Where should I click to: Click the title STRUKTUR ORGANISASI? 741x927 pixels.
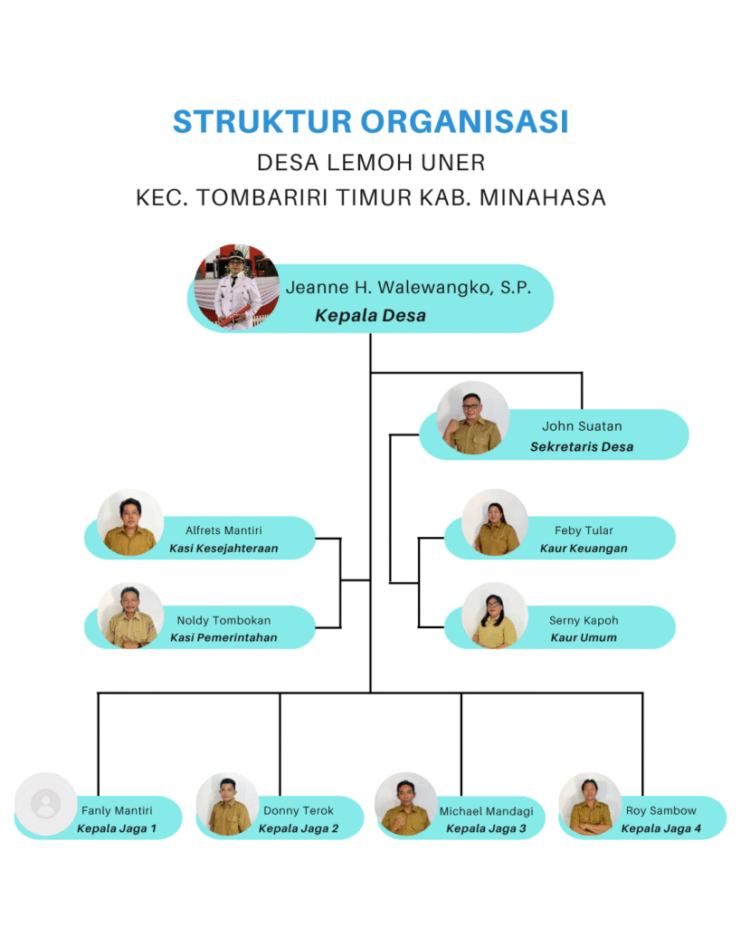click(x=370, y=121)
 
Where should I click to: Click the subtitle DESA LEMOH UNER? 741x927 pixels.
click(x=371, y=163)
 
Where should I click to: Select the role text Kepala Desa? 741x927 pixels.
click(x=370, y=316)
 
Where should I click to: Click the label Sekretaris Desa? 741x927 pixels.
click(x=582, y=446)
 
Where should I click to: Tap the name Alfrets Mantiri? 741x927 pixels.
click(x=223, y=530)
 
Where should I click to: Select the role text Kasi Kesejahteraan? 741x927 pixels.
click(x=223, y=548)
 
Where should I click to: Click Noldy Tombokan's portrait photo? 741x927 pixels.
click(x=130, y=616)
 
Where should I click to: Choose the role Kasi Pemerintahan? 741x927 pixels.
click(x=223, y=637)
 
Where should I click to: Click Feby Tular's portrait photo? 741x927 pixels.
click(x=495, y=523)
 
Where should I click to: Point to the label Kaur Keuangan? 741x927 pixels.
click(x=584, y=548)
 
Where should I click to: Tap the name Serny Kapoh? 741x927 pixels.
click(x=584, y=621)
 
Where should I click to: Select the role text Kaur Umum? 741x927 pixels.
click(x=584, y=637)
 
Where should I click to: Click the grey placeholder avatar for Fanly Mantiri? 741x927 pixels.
click(x=45, y=803)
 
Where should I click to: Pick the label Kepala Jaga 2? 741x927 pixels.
click(x=299, y=828)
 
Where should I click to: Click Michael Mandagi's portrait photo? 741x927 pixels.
click(x=405, y=803)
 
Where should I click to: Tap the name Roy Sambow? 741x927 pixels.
click(x=661, y=811)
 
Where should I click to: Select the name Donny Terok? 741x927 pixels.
click(x=299, y=811)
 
